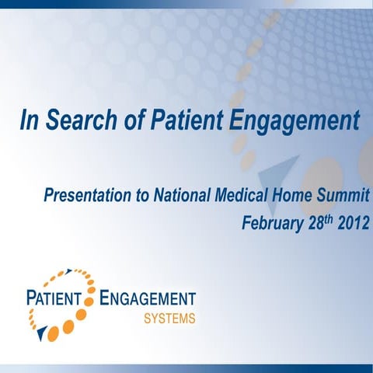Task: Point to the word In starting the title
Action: [28, 121]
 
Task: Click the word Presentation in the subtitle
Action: [88, 195]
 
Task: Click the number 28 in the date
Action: [315, 224]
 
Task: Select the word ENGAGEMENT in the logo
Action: [148, 298]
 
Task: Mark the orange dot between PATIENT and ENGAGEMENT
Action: [89, 299]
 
